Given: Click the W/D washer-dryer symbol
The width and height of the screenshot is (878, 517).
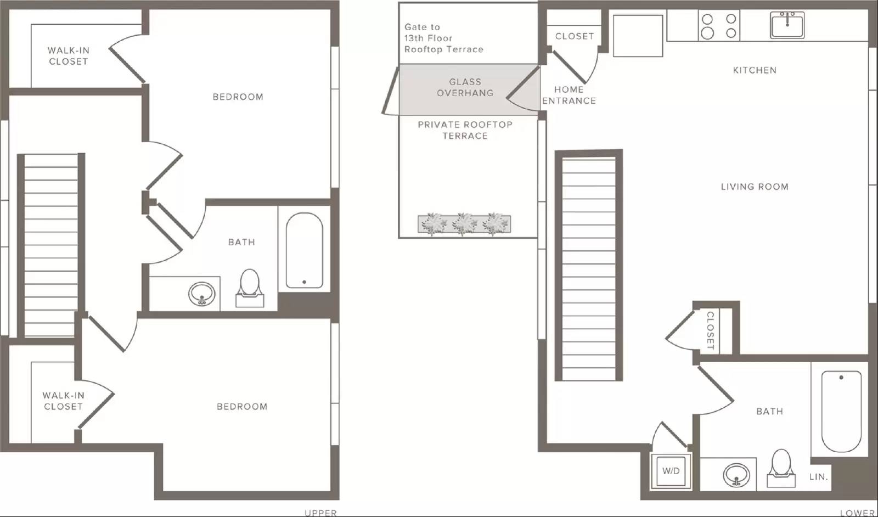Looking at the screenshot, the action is tap(671, 471).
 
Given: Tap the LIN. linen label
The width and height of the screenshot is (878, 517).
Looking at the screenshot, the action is tap(818, 477).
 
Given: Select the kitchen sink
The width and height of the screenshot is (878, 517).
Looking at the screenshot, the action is tap(787, 25).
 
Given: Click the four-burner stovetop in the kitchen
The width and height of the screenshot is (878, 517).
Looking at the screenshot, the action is tap(719, 25).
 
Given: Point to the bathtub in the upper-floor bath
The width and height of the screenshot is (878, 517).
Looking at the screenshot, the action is tap(305, 250).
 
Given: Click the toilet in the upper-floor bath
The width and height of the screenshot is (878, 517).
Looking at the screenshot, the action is tap(250, 288).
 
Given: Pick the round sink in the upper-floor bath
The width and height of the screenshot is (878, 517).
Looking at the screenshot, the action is tap(202, 294).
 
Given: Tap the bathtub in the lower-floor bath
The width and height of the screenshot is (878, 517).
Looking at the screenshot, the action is tap(841, 411).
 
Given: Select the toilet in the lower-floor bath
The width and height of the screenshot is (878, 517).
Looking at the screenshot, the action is tap(781, 468).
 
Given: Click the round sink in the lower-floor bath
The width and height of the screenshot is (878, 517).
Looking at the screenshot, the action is tap(736, 475).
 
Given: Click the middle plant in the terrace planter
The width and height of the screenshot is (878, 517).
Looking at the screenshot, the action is tap(464, 224).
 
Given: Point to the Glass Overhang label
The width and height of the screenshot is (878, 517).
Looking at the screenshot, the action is tap(465, 87).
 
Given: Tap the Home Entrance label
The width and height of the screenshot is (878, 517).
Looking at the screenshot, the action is tap(569, 95).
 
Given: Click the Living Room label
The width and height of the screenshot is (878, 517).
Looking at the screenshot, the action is tap(755, 187).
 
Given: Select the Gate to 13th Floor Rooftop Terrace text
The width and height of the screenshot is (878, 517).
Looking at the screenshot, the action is tap(444, 38).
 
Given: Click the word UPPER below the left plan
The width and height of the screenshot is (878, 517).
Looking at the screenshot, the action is tap(320, 513).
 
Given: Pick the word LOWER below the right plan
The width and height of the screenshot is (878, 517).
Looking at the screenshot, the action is tap(857, 513).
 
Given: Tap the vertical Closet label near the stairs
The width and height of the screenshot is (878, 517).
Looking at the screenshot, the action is tap(710, 330).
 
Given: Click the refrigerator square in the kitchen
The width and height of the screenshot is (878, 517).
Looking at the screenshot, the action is tap(638, 36).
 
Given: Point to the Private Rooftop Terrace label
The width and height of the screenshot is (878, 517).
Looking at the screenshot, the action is tap(465, 130).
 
